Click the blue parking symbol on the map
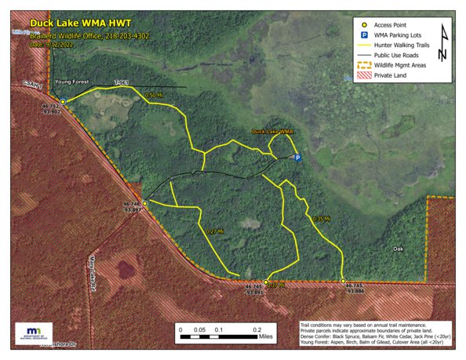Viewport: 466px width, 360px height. coord(297,158)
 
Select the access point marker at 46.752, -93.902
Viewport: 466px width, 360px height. coord(63,101)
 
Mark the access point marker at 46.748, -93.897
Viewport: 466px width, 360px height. coord(144,203)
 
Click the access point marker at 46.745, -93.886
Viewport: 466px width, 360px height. coord(344,281)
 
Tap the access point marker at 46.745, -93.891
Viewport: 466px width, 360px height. coord(266,282)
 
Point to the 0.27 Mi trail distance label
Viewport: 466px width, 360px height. coord(214,231)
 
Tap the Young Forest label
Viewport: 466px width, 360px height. coord(71,81)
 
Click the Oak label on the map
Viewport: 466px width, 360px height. coord(399,249)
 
